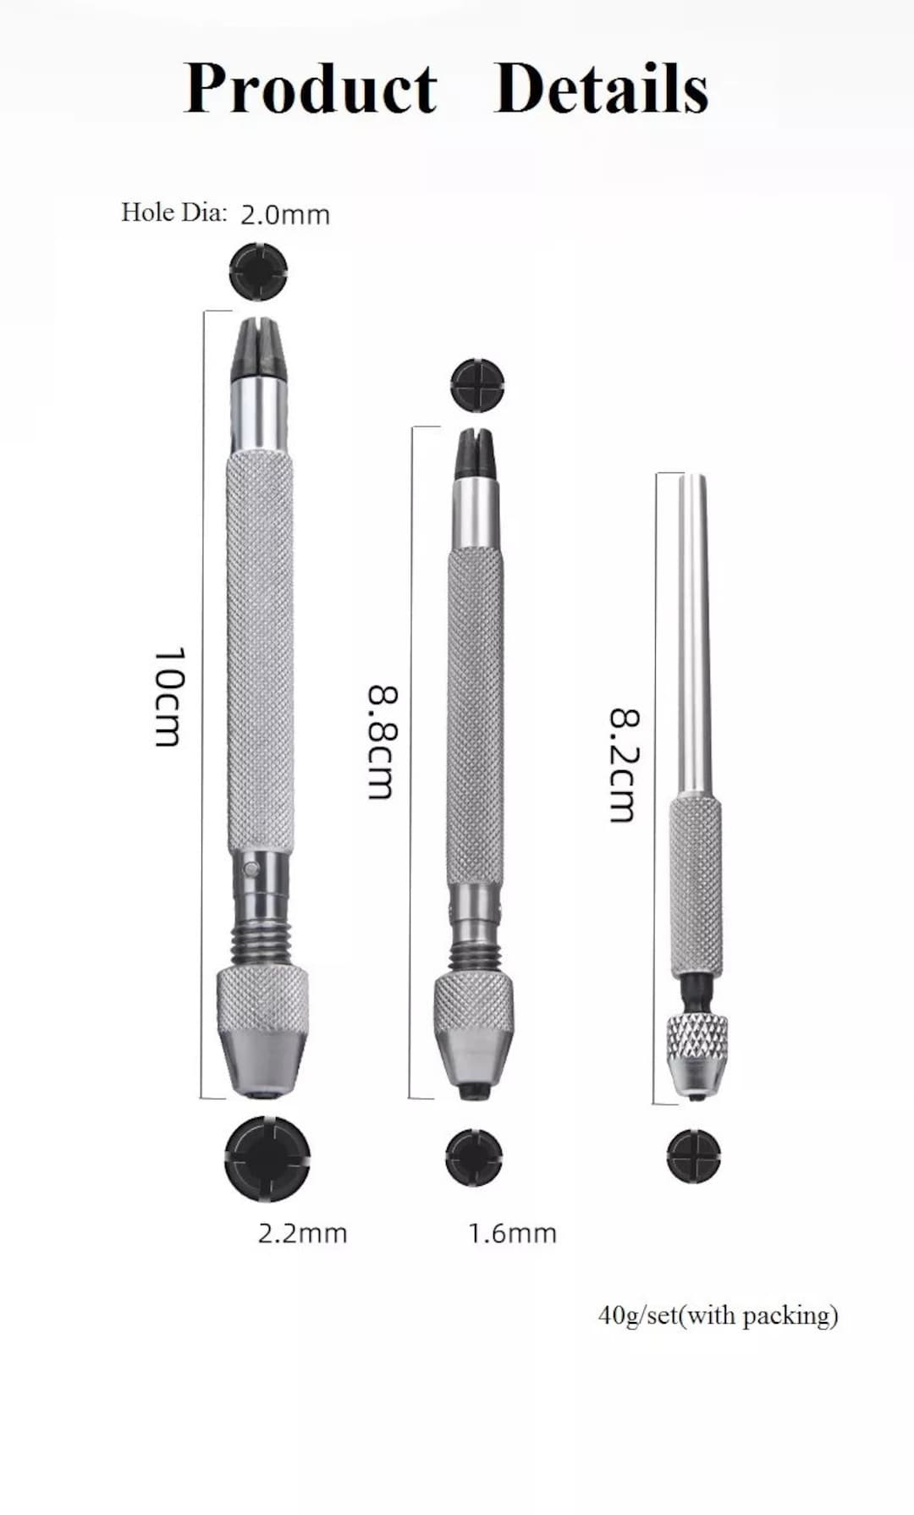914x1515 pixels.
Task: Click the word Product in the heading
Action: (x=310, y=89)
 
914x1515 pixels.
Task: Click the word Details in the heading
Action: (x=601, y=89)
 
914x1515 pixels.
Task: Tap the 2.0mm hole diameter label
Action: (x=285, y=214)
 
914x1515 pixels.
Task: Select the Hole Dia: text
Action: (x=173, y=212)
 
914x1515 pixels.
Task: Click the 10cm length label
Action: (x=168, y=697)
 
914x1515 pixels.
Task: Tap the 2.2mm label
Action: (x=302, y=1233)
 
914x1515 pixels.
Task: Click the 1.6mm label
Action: (x=512, y=1233)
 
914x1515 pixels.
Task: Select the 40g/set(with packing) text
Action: (x=718, y=1315)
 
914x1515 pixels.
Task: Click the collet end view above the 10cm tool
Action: (x=259, y=272)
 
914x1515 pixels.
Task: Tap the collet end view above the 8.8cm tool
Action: (x=478, y=385)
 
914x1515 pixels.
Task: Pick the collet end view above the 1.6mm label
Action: (x=474, y=1157)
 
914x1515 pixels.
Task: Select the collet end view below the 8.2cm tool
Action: (x=693, y=1155)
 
